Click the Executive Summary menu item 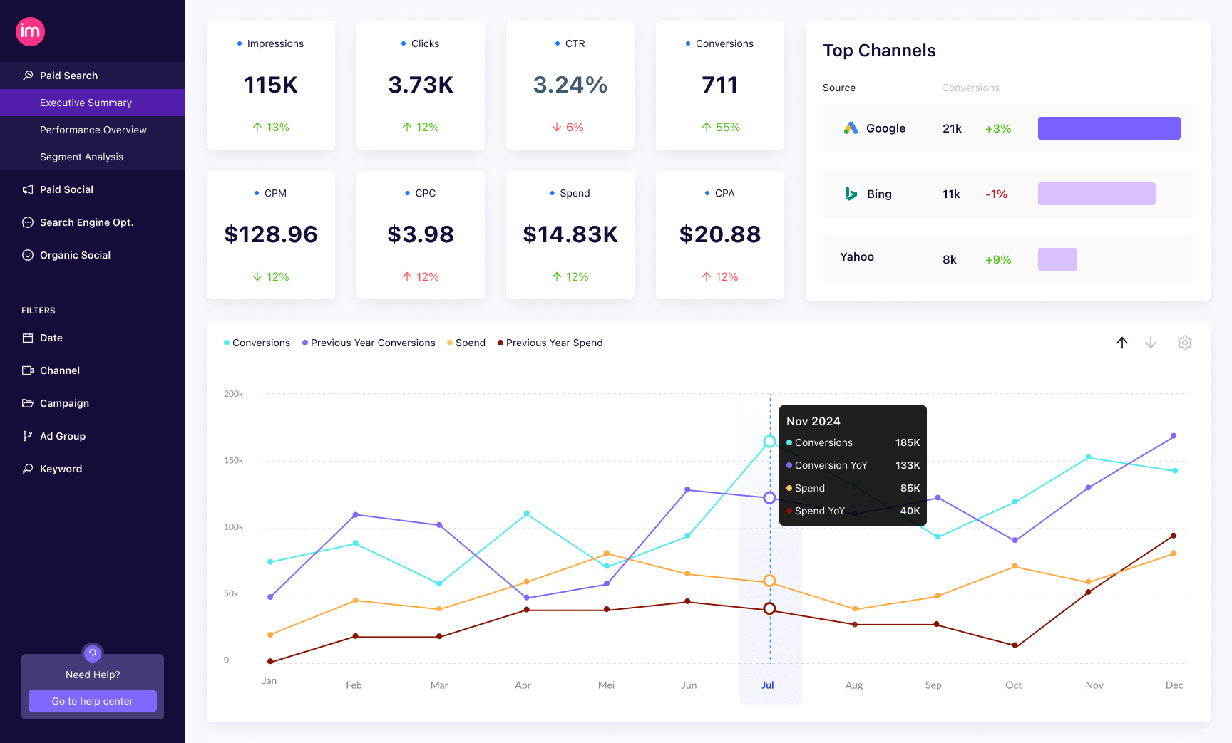86,103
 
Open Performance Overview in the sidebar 93,130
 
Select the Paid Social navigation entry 66,189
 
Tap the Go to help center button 93,701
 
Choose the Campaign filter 64,403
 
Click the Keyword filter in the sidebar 61,469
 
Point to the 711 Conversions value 720,85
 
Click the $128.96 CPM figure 271,234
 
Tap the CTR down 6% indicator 568,127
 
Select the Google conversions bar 1109,128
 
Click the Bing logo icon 851,194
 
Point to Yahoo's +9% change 998,260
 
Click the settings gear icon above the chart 1185,343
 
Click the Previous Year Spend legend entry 550,343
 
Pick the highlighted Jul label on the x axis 768,685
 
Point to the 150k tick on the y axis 234,461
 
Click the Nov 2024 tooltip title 813,421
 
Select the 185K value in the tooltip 908,442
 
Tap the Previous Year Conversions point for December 1174,436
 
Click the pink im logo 31,31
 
